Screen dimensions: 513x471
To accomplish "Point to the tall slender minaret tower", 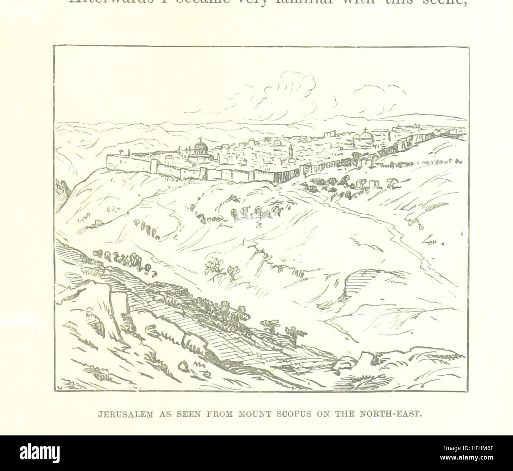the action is (x=291, y=151).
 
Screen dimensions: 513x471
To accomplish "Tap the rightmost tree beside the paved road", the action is (x=292, y=333).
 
